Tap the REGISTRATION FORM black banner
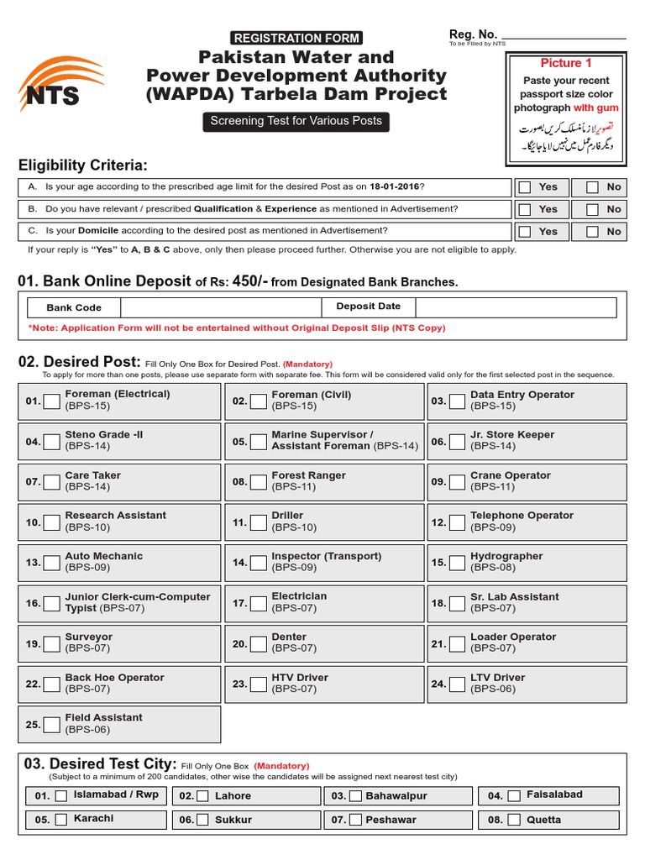296,38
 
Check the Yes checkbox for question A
525,187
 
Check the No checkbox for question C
593,231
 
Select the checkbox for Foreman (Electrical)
51,401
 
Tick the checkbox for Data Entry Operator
457,401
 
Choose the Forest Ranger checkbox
258,482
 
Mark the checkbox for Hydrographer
457,563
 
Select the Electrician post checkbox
258,603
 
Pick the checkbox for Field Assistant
51,724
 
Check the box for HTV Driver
258,684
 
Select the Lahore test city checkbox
203,796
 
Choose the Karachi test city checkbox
60,820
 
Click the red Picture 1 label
565,64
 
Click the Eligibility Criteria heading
83,165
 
